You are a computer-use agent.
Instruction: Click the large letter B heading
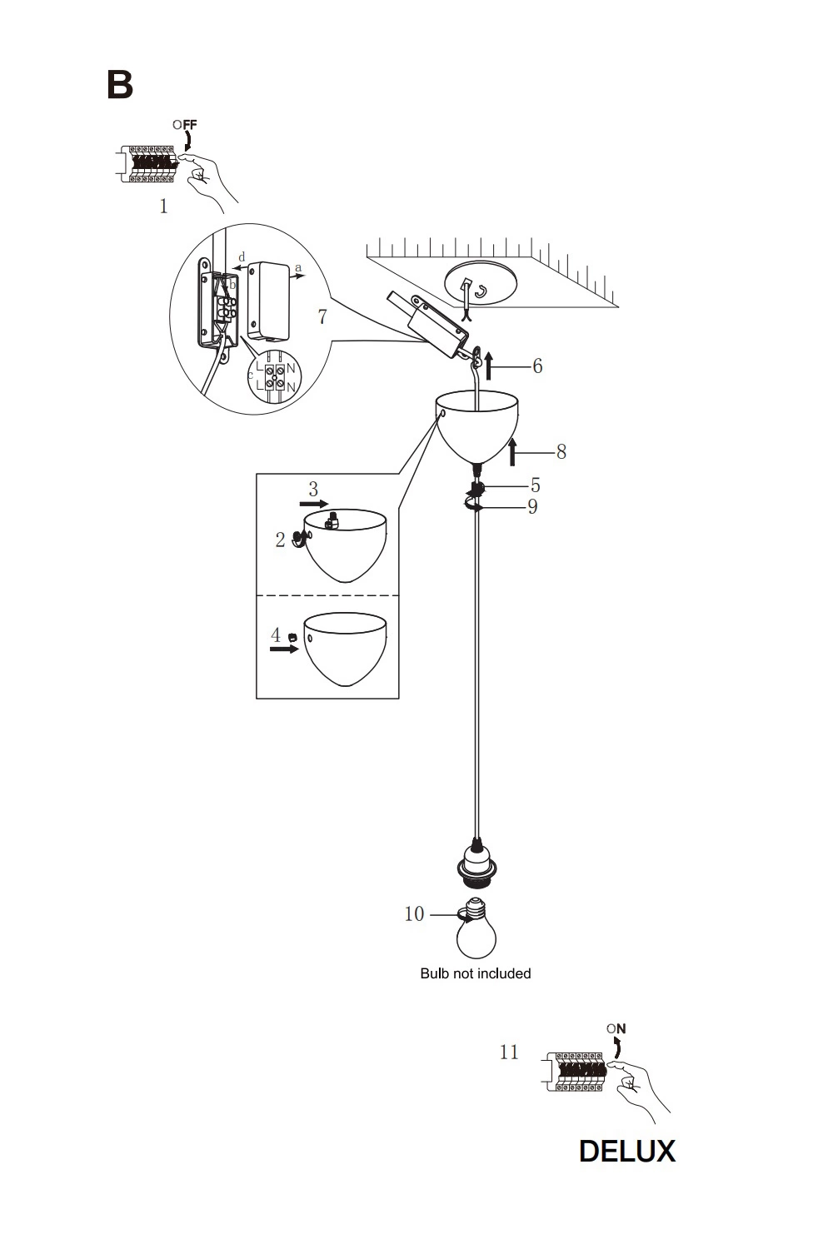pos(119,85)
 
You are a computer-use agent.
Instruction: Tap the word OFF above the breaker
pos(185,124)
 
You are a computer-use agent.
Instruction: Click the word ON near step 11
pos(616,1028)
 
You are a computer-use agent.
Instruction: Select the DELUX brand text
pos(627,1151)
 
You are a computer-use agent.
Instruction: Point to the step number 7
pos(322,316)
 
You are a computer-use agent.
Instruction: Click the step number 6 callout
pos(537,366)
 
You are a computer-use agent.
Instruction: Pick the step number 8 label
pos(561,451)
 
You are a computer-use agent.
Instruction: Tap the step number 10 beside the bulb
pos(414,914)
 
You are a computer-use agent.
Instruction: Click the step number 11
pos(509,1052)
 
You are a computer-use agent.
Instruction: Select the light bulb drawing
pos(476,928)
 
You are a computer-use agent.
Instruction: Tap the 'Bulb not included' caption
pos(476,973)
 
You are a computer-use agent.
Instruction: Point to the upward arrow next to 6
pos(489,366)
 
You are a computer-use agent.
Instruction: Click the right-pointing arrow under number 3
pos(314,504)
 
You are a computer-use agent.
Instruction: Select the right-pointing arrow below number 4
pos(284,649)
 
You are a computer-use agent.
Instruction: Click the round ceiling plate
pos(481,282)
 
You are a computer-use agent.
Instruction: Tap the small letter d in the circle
pos(242,257)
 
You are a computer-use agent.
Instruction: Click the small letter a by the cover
pos(298,268)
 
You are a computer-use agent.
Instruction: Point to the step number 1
pos(163,207)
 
